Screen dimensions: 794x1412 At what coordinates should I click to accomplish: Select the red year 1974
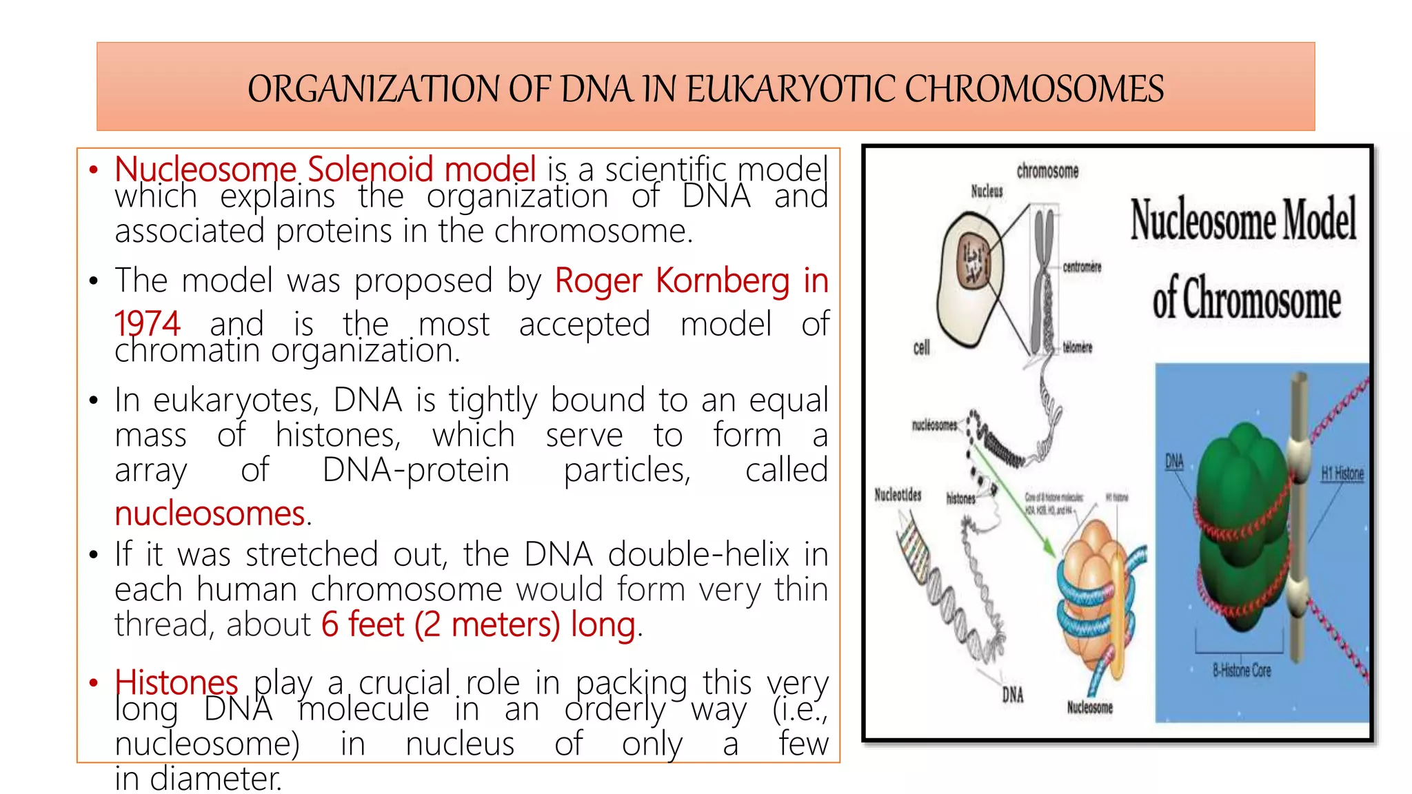[147, 324]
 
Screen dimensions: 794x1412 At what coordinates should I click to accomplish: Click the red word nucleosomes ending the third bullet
[210, 514]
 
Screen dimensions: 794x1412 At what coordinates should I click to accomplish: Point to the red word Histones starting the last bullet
[176, 682]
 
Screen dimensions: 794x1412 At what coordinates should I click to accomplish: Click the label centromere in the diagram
[1082, 267]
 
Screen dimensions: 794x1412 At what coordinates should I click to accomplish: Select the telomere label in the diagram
[1077, 347]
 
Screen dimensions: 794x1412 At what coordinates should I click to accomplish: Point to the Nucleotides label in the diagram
[898, 495]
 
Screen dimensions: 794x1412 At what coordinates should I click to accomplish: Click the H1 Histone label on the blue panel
[1342, 474]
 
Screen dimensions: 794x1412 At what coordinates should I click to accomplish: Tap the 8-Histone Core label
[1241, 670]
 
